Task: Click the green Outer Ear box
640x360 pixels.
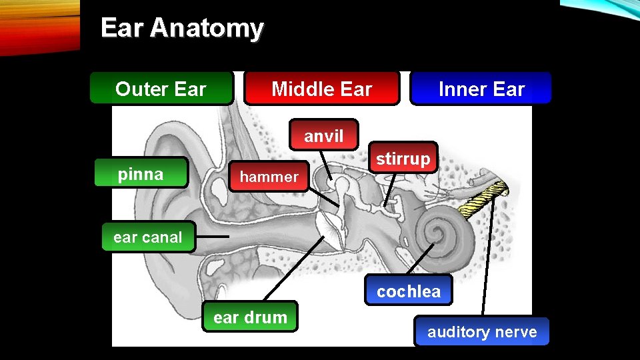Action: [x=161, y=89]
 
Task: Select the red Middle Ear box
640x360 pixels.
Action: [x=321, y=89]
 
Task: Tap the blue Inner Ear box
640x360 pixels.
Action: [x=481, y=89]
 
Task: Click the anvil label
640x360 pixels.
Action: [x=324, y=137]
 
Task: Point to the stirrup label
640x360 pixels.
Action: [x=403, y=159]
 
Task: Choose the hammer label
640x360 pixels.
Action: [x=269, y=177]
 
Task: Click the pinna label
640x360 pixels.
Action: [x=141, y=175]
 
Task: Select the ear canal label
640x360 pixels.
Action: [x=148, y=237]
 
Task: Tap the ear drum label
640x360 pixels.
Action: [x=250, y=317]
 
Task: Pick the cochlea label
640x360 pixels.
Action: [x=408, y=291]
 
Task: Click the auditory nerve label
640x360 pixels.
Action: [x=482, y=332]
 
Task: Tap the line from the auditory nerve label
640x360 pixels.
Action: [x=489, y=260]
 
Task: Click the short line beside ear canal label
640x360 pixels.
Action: [x=213, y=237]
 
